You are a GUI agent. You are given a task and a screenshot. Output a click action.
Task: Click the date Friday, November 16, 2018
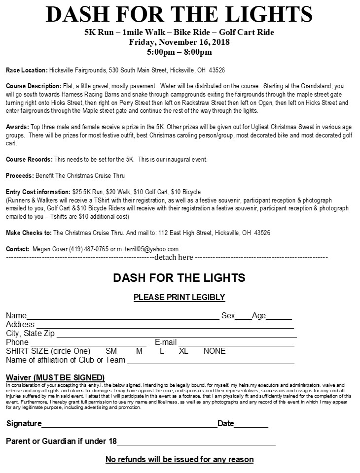click(180, 42)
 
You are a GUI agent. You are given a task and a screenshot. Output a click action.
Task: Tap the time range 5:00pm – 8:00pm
click(180, 52)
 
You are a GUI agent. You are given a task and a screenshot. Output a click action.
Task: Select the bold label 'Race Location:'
click(27, 70)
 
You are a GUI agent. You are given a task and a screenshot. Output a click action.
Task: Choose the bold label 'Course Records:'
click(29, 160)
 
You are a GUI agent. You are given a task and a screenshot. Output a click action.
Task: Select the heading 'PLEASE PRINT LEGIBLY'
click(180, 297)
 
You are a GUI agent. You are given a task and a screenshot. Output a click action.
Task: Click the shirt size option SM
click(111, 351)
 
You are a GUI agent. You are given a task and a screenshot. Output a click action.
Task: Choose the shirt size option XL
click(183, 351)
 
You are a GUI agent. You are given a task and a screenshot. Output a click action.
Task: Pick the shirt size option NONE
click(215, 351)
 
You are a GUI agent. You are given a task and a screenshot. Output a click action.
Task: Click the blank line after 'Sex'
click(243, 318)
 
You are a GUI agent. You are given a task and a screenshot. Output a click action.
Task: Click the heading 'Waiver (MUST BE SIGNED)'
click(55, 377)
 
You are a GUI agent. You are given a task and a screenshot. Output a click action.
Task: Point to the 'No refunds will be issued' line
click(180, 460)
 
